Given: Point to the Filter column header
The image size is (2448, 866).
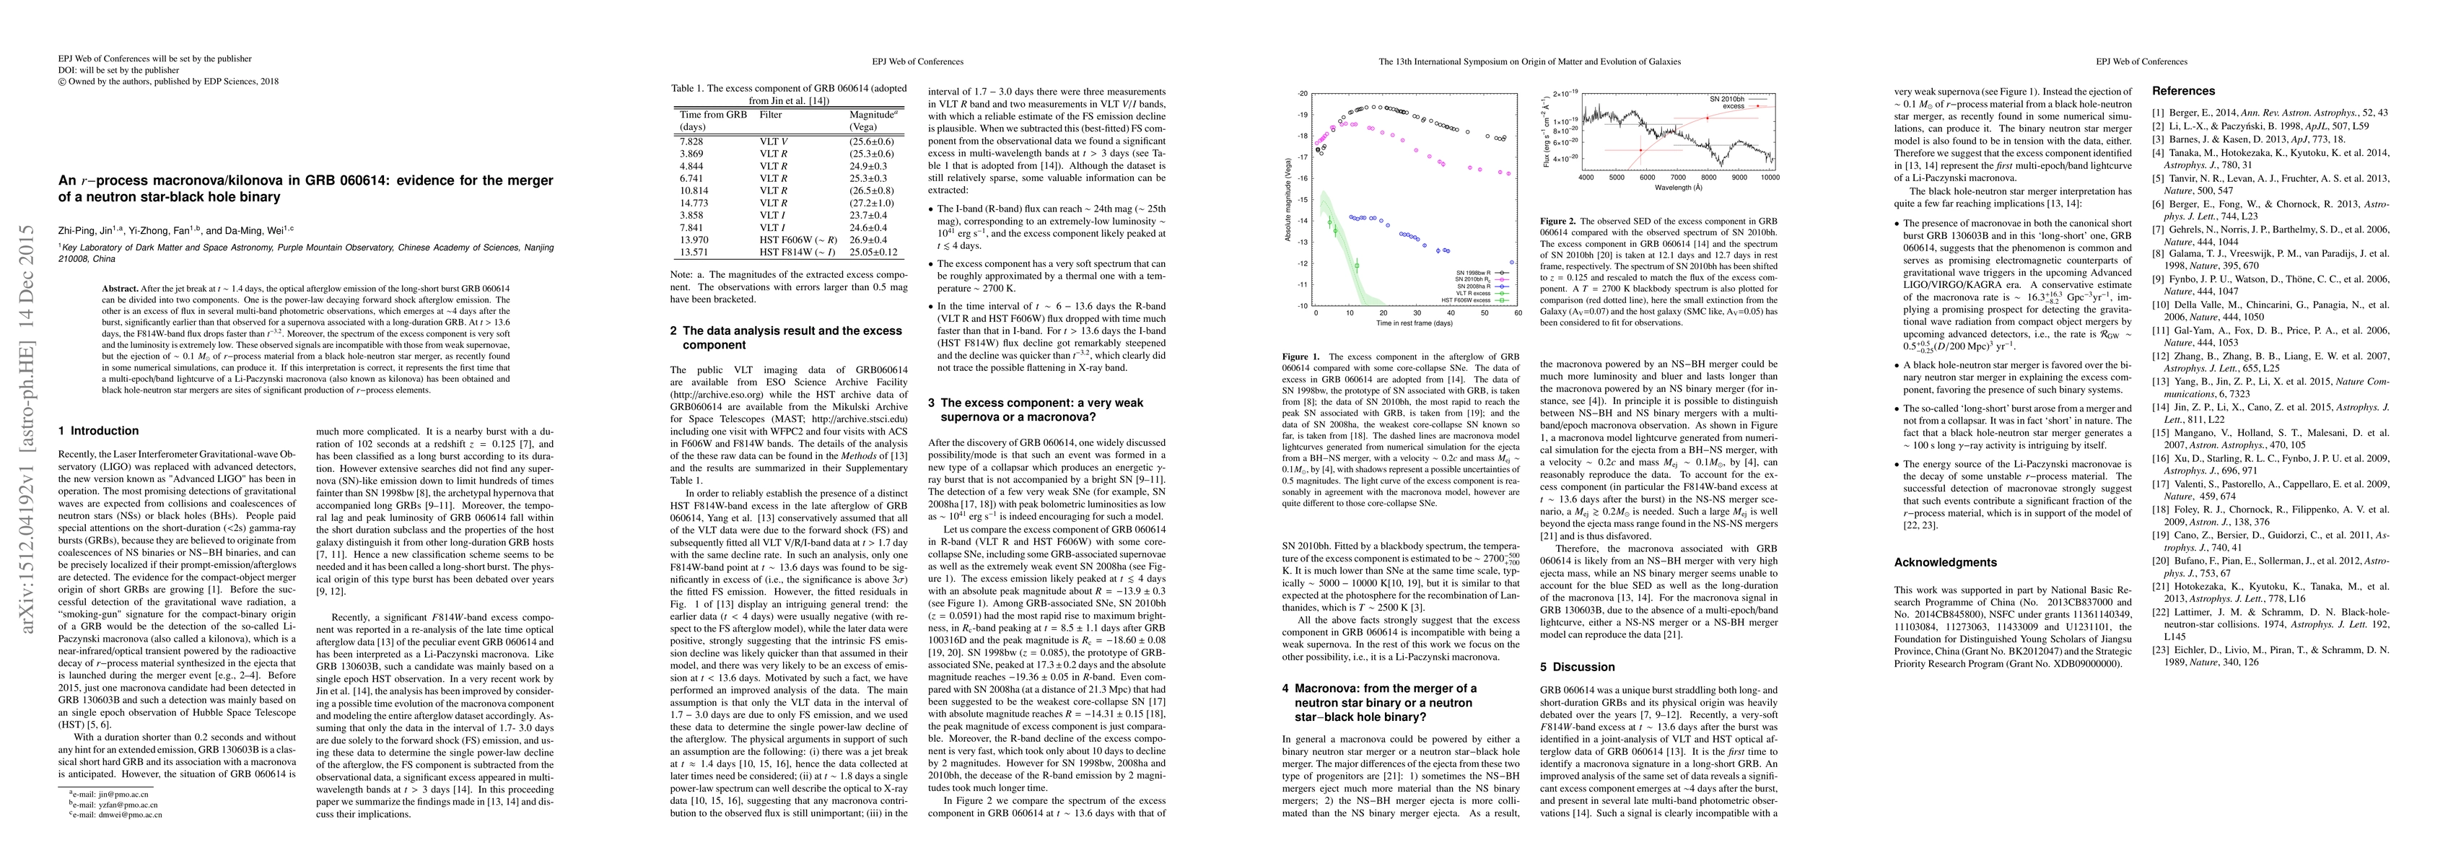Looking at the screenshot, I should pos(770,114).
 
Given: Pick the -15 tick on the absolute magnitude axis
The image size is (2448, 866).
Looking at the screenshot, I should pos(1302,198).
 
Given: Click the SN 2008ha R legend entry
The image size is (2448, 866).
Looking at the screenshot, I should pos(1475,284).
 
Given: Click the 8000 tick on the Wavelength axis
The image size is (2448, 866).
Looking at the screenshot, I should pos(1708,178).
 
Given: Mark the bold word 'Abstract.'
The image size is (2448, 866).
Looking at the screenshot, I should pos(120,288).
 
